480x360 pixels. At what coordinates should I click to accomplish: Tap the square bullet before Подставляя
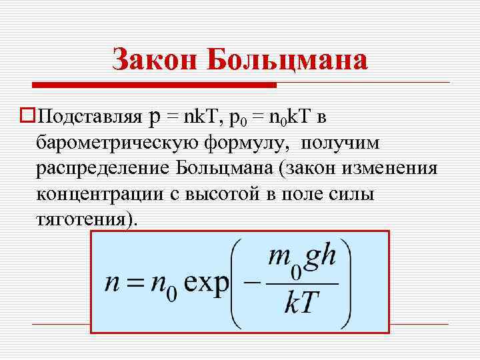(x=27, y=117)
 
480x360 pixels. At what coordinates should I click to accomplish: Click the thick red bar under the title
(x=154, y=85)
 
